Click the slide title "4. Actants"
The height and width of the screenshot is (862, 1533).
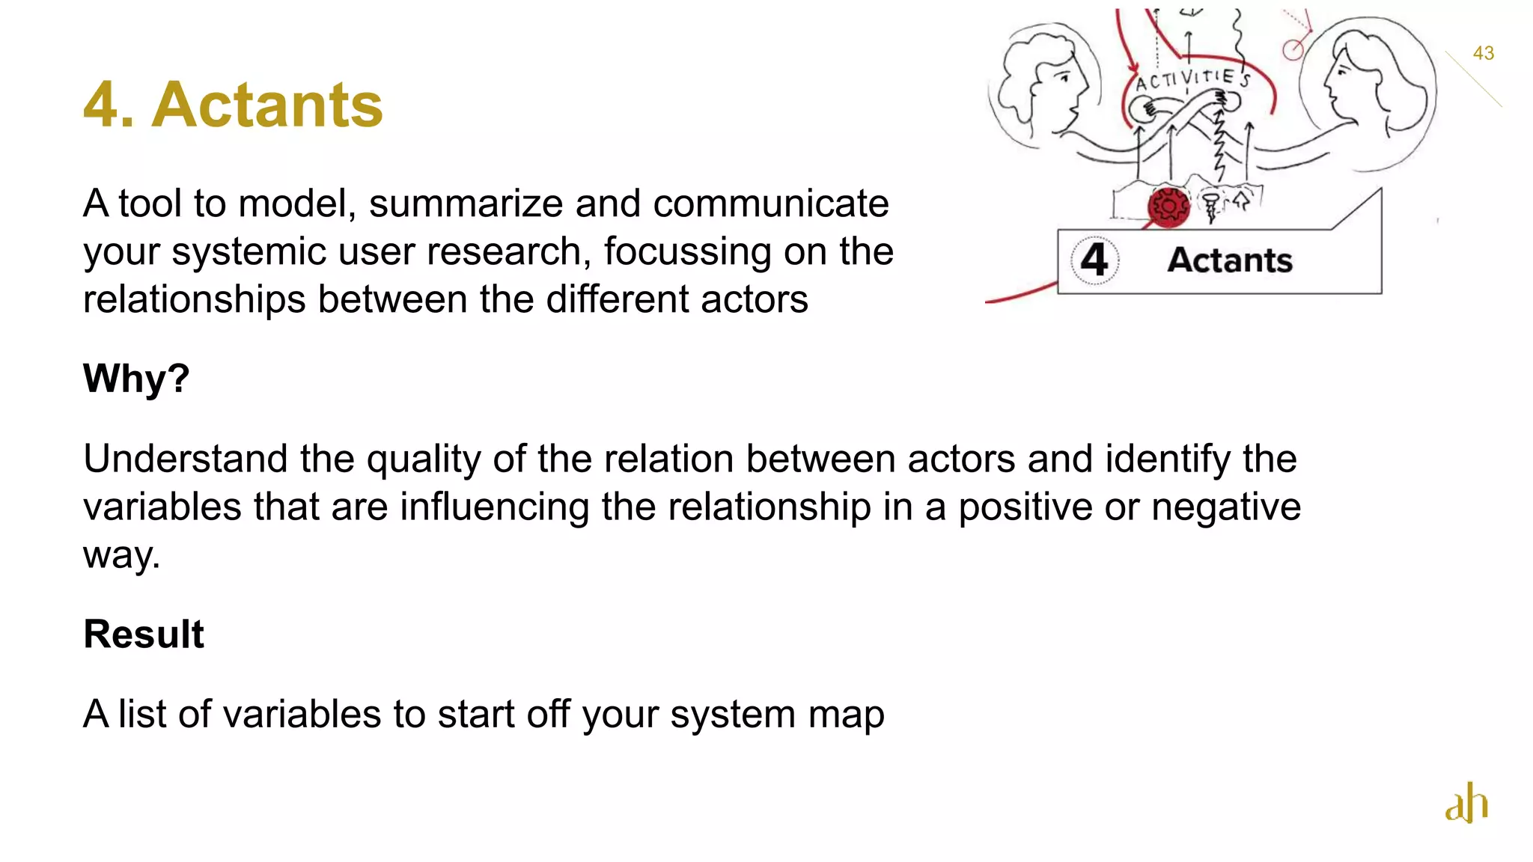(233, 105)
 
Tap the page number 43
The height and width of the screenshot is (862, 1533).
(1483, 53)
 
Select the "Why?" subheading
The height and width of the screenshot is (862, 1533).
(136, 378)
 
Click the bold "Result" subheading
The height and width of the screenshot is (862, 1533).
(144, 635)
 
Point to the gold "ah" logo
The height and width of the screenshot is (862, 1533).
(1466, 803)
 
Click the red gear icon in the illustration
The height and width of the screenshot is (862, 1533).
(1168, 206)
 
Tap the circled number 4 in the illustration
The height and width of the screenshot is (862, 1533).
(1094, 260)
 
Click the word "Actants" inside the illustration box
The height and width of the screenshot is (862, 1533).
(1230, 260)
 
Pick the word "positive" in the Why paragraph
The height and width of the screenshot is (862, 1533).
(1025, 507)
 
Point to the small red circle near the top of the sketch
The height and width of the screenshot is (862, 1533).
(1293, 50)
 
